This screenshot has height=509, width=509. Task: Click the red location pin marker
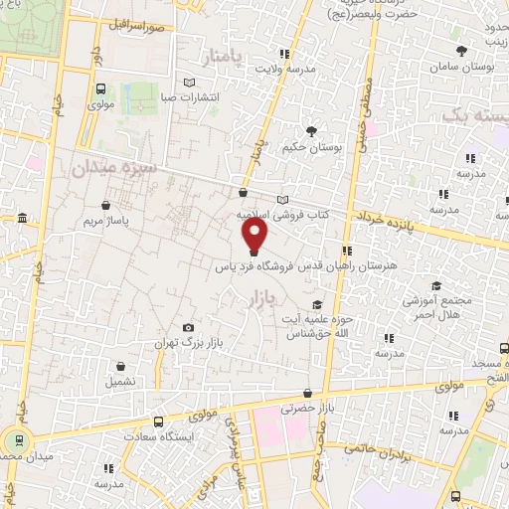pos(255,235)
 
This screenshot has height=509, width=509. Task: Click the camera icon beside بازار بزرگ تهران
pos(189,328)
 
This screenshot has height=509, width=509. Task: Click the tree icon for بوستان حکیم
pos(311,131)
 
